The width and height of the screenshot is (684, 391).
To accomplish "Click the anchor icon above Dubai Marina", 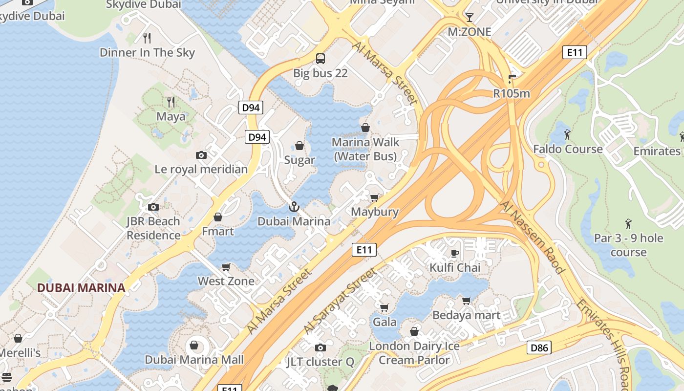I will click(x=293, y=207).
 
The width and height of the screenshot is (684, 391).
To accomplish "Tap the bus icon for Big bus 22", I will click(x=321, y=59).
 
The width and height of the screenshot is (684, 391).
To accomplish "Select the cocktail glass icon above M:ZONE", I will click(x=469, y=18).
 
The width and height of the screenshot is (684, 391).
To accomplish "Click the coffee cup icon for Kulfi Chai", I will click(x=455, y=253).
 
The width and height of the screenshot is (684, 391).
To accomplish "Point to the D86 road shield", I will click(x=539, y=348).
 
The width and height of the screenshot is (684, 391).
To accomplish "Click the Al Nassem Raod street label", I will click(x=532, y=237).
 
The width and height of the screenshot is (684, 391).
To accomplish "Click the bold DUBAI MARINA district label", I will click(x=82, y=288).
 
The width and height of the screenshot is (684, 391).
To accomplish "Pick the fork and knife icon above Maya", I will click(x=171, y=102).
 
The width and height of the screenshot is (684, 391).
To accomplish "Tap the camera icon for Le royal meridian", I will click(x=201, y=155).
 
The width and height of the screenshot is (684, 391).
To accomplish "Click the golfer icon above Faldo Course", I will click(x=567, y=134).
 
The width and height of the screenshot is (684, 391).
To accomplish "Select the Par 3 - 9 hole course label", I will click(x=628, y=245).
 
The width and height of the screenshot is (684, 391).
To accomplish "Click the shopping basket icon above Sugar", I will click(x=299, y=146).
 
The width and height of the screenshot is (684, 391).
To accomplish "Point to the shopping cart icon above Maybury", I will click(x=375, y=197).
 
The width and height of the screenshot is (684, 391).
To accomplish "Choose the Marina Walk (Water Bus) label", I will click(x=365, y=149).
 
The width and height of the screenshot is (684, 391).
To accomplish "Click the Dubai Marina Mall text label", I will click(x=194, y=360).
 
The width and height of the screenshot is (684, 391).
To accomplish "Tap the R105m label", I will click(x=512, y=93).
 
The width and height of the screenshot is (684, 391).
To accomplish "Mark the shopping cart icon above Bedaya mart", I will click(x=467, y=301).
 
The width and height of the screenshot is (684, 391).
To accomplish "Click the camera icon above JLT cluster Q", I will click(x=321, y=348).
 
